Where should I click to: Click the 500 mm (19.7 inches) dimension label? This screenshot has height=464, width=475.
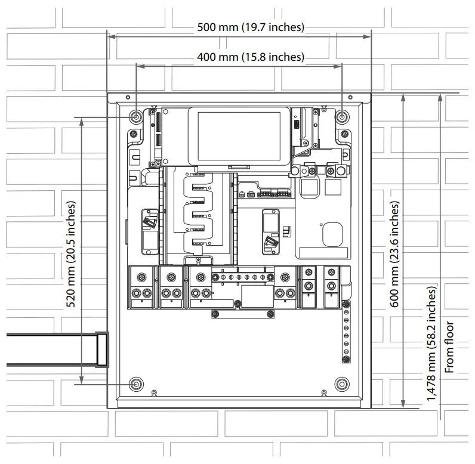(x=251, y=27)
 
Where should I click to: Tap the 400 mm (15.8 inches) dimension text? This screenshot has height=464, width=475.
(x=251, y=57)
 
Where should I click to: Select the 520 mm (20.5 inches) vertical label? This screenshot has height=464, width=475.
(x=70, y=254)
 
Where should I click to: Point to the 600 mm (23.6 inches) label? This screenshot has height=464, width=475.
(x=394, y=254)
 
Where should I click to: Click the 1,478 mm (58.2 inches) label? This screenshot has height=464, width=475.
(x=431, y=344)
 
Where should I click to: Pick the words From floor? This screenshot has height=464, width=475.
(x=449, y=347)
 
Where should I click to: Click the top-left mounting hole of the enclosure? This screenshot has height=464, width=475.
(x=135, y=116)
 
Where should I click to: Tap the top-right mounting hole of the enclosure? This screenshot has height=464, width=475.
(x=342, y=116)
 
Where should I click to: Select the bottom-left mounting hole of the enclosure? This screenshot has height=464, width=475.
(x=135, y=384)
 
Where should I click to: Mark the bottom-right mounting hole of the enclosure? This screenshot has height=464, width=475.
(x=342, y=384)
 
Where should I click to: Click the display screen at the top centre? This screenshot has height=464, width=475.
(x=239, y=136)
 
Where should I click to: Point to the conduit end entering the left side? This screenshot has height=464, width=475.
(x=102, y=350)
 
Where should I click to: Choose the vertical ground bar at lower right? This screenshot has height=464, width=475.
(x=346, y=332)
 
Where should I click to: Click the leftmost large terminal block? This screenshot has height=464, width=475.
(x=141, y=287)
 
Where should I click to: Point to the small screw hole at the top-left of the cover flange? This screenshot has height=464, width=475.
(x=128, y=97)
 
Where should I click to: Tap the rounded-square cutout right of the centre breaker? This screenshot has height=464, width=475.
(x=332, y=234)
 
